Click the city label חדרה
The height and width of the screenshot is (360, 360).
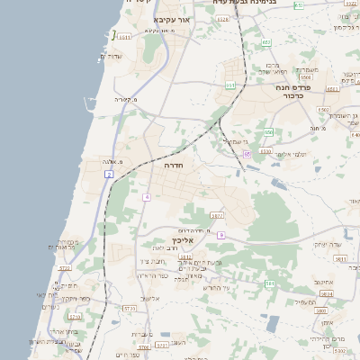pyautogui.click(x=174, y=166)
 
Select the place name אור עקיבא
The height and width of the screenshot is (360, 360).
pyautogui.click(x=173, y=19)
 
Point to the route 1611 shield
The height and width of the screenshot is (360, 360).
pyautogui.click(x=124, y=37)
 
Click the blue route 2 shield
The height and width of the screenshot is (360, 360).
pyautogui.click(x=108, y=174)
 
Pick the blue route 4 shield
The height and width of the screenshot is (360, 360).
pyautogui.click(x=146, y=196)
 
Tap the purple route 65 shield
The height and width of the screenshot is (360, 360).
pyautogui.click(x=246, y=154)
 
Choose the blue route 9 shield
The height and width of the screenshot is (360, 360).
pyautogui.click(x=220, y=235)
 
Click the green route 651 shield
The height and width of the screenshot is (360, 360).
pyautogui.click(x=231, y=85)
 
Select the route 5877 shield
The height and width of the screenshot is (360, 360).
pyautogui.click(x=217, y=216)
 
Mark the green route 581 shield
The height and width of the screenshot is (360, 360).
pyautogui.click(x=269, y=283)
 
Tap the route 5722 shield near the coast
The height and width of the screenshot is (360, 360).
pyautogui.click(x=64, y=268)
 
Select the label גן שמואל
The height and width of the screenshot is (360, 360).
pyautogui.click(x=233, y=140)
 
